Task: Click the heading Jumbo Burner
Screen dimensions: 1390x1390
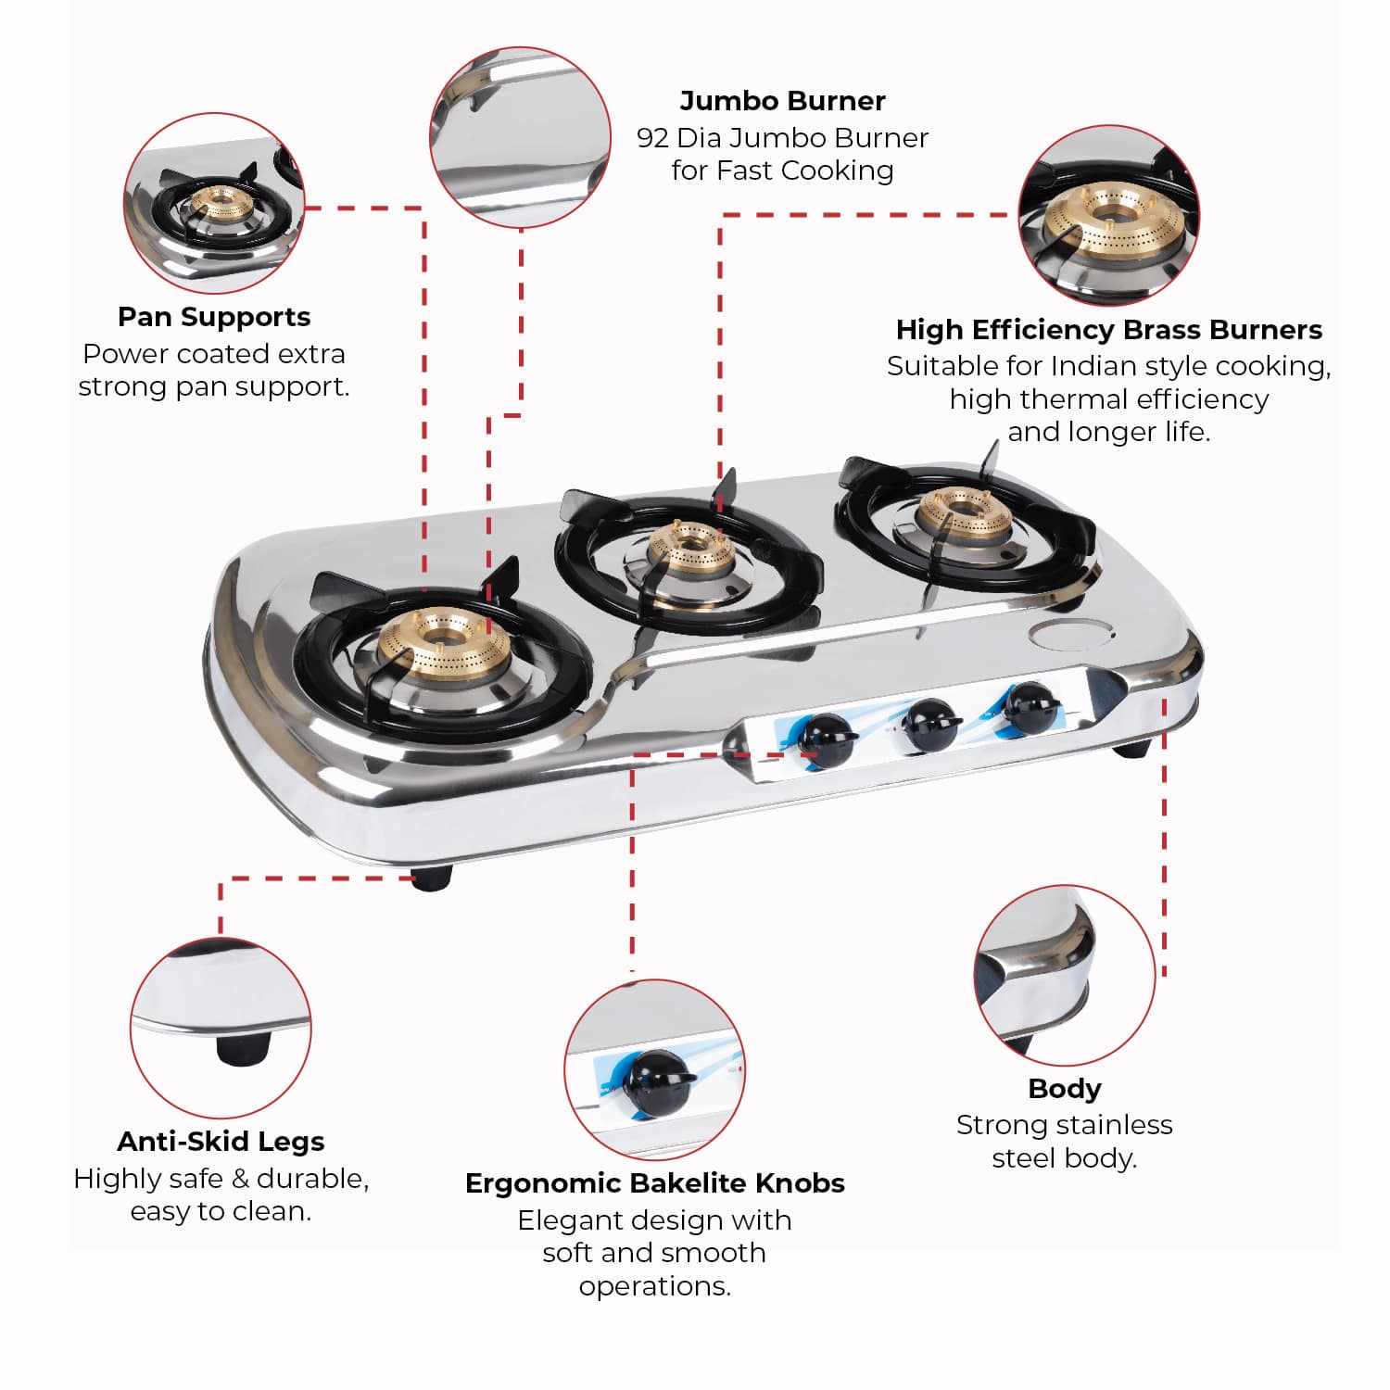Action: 782,101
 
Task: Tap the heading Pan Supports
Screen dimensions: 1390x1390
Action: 214,318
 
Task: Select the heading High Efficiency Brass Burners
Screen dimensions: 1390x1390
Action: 1108,330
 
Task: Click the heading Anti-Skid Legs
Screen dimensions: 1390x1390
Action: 221,1142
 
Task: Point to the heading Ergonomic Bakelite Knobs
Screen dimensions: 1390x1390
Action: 655,1183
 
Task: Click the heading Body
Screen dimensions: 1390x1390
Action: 1065,1090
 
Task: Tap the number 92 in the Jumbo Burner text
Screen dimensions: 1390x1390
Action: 652,138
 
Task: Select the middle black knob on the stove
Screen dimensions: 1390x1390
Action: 931,724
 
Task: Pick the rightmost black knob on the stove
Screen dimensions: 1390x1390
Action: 1029,709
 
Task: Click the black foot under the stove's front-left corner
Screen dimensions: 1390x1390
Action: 431,878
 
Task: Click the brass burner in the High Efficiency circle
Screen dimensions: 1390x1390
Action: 1109,222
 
